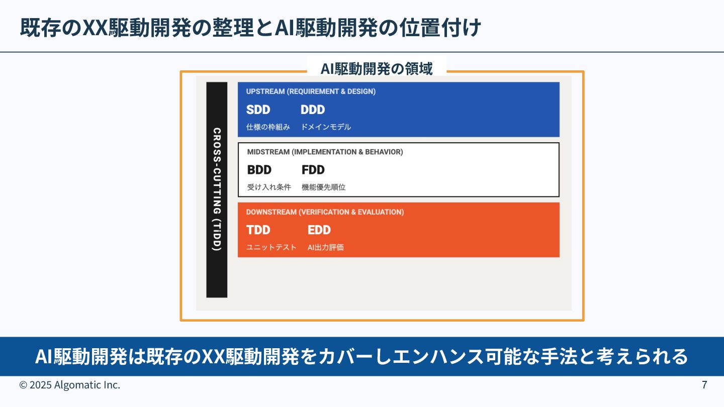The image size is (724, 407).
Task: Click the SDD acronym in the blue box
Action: (258, 110)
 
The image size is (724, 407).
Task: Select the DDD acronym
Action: (313, 110)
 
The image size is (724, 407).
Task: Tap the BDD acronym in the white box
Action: (259, 170)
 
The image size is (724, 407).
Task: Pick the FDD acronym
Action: (313, 170)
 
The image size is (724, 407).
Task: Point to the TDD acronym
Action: (258, 230)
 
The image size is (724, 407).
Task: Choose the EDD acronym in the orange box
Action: (319, 230)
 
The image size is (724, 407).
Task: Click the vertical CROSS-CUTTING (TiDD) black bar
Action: (217, 190)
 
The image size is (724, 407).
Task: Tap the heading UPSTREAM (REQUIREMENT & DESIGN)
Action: (311, 91)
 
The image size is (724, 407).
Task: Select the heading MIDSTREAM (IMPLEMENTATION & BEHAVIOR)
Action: (325, 152)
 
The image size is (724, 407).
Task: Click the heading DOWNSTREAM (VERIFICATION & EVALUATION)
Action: (325, 212)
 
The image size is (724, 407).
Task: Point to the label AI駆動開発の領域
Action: (377, 68)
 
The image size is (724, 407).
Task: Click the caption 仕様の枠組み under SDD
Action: (268, 127)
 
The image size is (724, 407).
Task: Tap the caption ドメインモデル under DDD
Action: (326, 127)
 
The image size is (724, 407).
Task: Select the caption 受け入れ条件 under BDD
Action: (269, 187)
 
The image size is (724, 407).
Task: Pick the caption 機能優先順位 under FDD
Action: (323, 187)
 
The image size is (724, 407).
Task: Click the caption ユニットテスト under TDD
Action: (271, 247)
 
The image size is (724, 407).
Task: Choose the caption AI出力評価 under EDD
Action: (326, 247)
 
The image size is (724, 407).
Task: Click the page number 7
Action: (704, 385)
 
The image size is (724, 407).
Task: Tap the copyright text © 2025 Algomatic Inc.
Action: (70, 385)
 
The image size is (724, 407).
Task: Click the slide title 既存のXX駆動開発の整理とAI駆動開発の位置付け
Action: (250, 28)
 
